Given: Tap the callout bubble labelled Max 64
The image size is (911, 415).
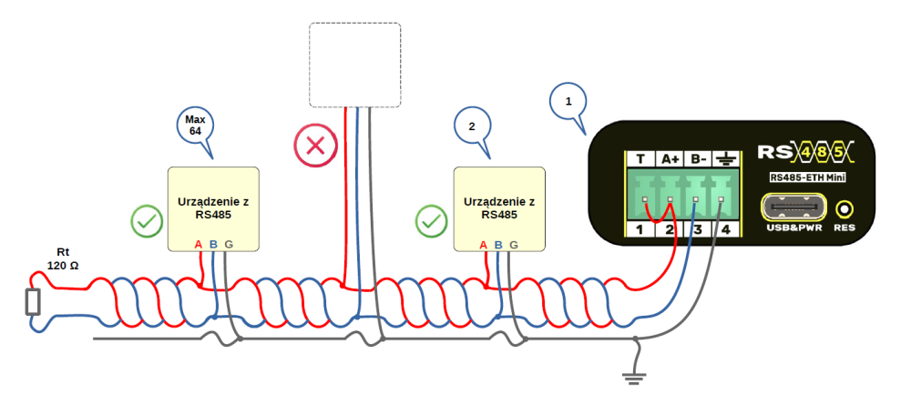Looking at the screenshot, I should (x=194, y=126).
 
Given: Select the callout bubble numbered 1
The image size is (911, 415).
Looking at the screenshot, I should (x=569, y=102).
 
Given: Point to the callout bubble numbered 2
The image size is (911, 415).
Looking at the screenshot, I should (x=472, y=127).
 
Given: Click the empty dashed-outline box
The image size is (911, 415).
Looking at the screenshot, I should (x=355, y=66).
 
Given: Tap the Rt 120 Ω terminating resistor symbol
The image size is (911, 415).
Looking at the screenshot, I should (x=34, y=301).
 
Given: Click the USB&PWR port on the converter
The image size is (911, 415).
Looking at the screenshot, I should (x=794, y=208).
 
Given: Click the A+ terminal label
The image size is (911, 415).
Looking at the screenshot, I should (x=670, y=158).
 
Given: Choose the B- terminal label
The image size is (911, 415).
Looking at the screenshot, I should (x=698, y=158).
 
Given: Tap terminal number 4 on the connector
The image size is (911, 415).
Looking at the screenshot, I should (x=726, y=228).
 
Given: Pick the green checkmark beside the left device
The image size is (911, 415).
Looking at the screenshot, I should (x=147, y=220).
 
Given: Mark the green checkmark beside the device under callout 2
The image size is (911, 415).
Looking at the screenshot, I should (x=431, y=220).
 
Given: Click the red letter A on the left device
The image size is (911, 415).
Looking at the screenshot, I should (x=199, y=244).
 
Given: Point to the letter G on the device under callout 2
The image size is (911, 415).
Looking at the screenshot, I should (x=513, y=244).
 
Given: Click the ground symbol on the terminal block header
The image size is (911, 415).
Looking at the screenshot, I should (x=726, y=158).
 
